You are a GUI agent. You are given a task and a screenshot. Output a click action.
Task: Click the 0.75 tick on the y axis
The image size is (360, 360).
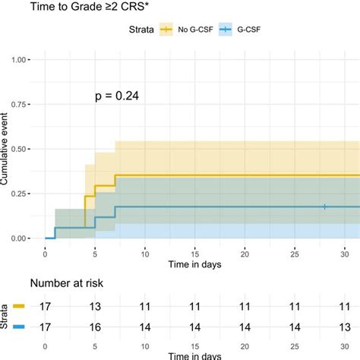(x=23, y=105)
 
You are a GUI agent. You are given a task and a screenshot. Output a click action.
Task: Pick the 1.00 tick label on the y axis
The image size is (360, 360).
(x=23, y=60)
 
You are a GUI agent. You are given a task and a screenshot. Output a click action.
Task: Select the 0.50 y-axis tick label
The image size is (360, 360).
(x=23, y=149)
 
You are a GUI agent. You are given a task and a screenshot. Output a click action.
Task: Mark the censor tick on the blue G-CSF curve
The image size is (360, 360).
(x=324, y=207)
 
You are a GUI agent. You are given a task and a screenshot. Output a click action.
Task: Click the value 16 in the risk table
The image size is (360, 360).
(x=95, y=328)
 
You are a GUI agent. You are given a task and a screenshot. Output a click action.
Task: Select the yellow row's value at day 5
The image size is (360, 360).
(x=95, y=307)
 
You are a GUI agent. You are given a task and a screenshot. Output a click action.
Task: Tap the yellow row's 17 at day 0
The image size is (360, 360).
(x=46, y=307)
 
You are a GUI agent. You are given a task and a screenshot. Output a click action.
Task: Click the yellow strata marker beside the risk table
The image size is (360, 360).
(x=18, y=307)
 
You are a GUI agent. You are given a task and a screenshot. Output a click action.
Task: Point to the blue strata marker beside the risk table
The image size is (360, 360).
(x=18, y=328)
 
